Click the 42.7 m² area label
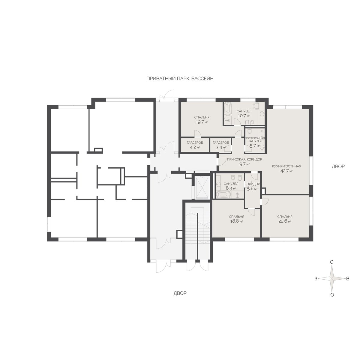point(286,171)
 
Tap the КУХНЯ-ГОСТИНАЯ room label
point(286,166)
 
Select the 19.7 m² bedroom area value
point(202,122)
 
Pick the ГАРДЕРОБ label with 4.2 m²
point(195,143)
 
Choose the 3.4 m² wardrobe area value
point(221,147)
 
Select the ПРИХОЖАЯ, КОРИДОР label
point(244,159)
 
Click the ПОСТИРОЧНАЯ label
point(255,138)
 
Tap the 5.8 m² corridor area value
point(252,189)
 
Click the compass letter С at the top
point(331,262)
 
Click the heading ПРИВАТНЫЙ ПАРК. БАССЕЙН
point(180,79)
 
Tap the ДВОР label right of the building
point(338,166)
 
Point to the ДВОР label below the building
point(180,293)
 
